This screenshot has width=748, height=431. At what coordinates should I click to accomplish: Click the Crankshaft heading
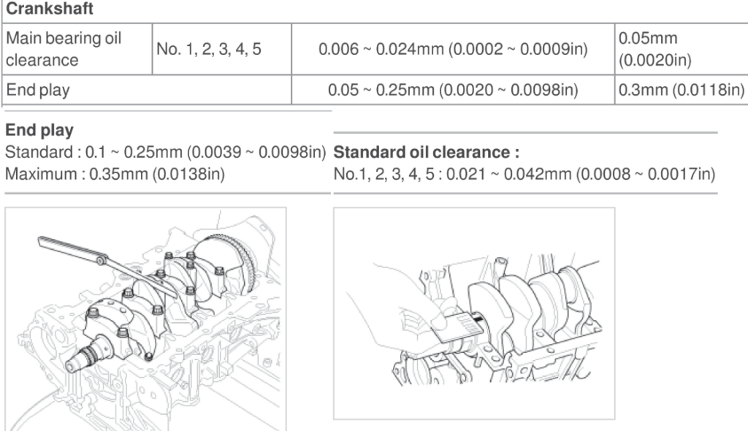[x=49, y=9]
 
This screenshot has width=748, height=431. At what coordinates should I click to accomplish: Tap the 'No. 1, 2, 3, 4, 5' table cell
[x=208, y=49]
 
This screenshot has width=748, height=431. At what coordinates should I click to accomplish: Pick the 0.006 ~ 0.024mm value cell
[x=453, y=49]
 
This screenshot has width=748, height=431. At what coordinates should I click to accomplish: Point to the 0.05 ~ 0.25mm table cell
[x=453, y=90]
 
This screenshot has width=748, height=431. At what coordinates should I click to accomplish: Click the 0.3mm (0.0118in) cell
[x=682, y=90]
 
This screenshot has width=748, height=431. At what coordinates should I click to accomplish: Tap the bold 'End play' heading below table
[x=39, y=130]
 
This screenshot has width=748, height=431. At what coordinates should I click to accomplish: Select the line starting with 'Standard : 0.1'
[x=166, y=152]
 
